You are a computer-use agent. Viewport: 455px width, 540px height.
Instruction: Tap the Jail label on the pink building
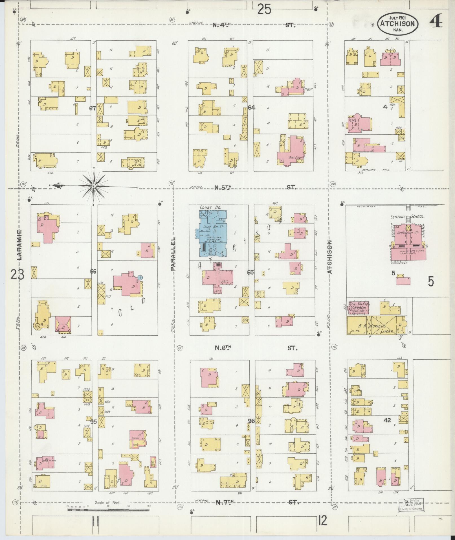pyautogui.click(x=225, y=281)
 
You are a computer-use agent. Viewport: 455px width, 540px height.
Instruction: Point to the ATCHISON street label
pyautogui.click(x=330, y=257)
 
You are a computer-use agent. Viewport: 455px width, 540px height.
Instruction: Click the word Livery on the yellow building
pyautogui.click(x=386, y=331)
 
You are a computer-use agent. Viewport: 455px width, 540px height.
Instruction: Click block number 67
pyautogui.click(x=93, y=108)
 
